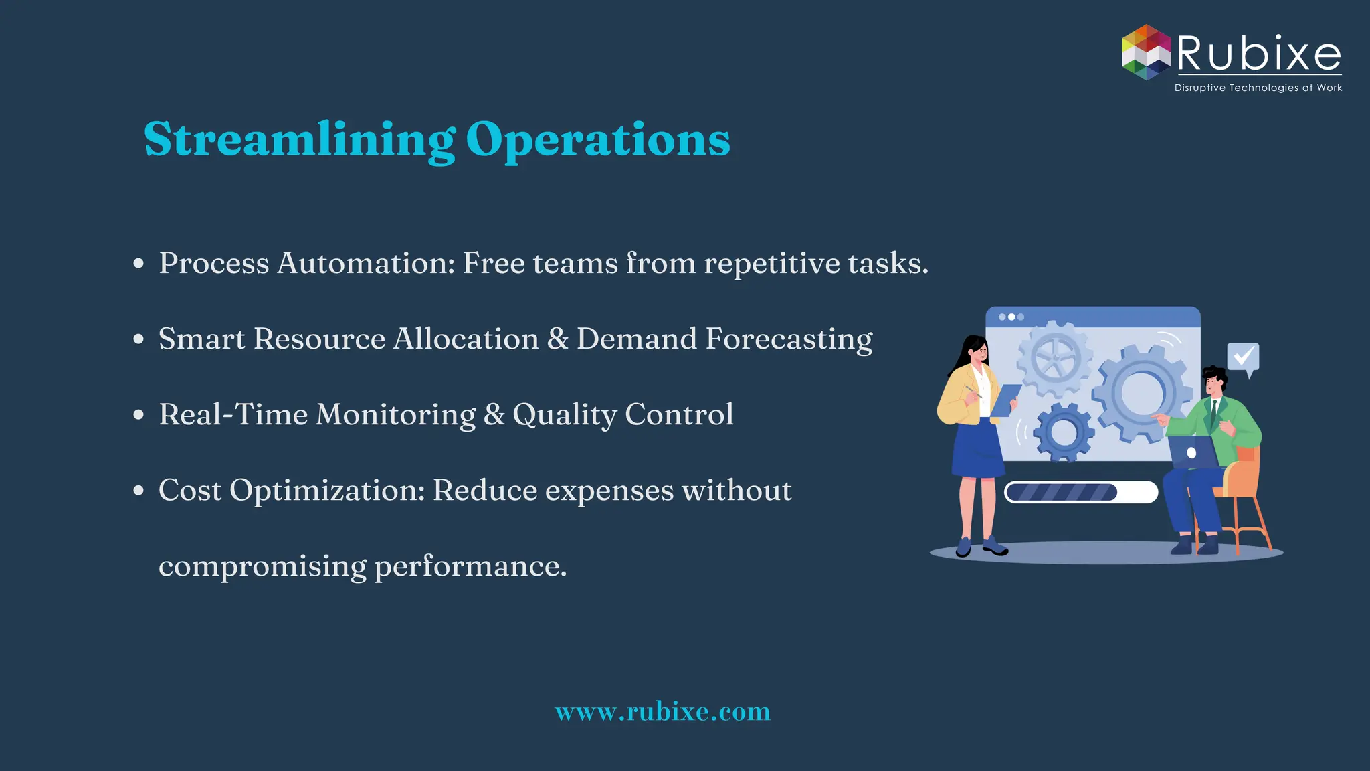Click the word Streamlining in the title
coord(299,139)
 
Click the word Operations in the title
coord(597,139)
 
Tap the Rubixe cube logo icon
coord(1146,52)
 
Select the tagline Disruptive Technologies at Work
coord(1258,88)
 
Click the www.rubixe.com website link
coord(662,711)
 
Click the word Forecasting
coord(789,339)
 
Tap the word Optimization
coord(327,490)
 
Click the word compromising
coord(262,566)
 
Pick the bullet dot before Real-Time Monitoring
coord(138,415)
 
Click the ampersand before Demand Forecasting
coord(557,339)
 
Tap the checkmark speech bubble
coord(1243,358)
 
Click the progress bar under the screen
coord(1081,492)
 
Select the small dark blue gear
coord(1063,433)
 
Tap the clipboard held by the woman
coord(1005,400)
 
